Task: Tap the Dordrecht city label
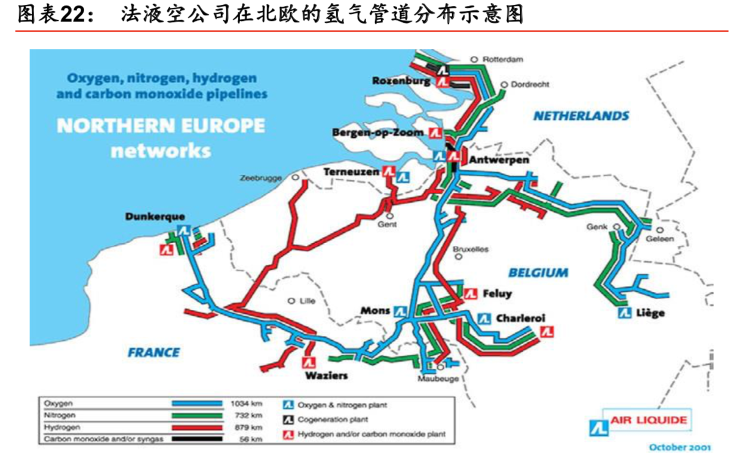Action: [530, 85]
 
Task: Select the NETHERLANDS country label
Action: [581, 116]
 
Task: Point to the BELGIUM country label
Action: [538, 273]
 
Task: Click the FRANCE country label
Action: [153, 352]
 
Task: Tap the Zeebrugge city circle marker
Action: [295, 178]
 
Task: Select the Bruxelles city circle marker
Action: [459, 257]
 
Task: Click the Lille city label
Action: [307, 301]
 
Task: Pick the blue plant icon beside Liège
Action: [625, 312]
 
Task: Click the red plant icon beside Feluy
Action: [471, 294]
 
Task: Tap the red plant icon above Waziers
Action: [309, 362]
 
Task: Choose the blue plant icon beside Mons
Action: [400, 311]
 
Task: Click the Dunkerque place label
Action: [155, 217]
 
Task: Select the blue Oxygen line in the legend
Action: [197, 404]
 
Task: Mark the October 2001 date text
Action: [680, 447]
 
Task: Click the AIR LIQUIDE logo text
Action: [648, 420]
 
